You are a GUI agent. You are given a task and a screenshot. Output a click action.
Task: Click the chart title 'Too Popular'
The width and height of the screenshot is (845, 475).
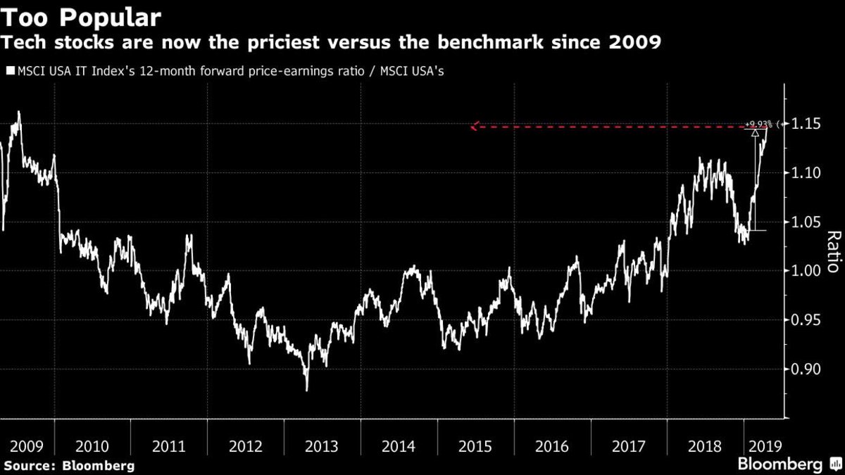[82, 16]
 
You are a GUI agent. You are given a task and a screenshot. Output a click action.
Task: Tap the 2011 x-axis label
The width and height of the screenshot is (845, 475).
[169, 446]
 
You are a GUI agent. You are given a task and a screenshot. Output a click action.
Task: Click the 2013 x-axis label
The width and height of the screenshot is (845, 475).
[322, 446]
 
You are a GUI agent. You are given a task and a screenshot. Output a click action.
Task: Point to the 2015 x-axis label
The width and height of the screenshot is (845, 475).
[475, 446]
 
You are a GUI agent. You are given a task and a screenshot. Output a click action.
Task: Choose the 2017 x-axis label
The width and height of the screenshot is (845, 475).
[627, 446]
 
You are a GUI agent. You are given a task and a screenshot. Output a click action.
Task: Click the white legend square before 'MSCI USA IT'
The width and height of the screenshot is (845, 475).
[9, 71]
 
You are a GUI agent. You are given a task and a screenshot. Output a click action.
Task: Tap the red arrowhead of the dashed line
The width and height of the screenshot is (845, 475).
[474, 127]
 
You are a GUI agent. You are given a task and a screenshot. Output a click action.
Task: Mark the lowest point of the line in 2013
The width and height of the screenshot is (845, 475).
[306, 390]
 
